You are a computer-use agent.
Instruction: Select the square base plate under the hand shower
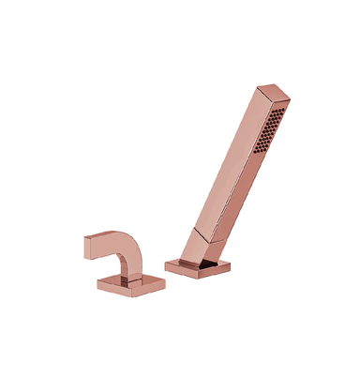[197, 267]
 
